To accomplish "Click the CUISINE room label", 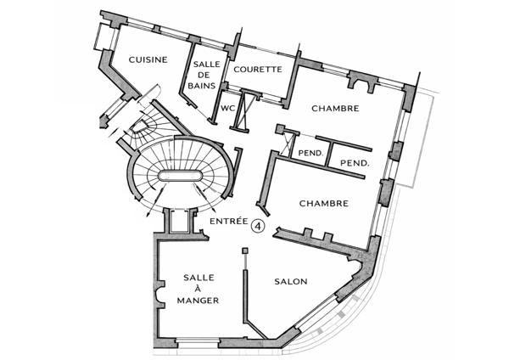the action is pyautogui.click(x=148, y=59).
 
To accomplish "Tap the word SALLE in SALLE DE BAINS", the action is pyautogui.click(x=207, y=64).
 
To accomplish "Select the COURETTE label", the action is pyautogui.click(x=258, y=70).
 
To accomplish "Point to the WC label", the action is pyautogui.click(x=227, y=109).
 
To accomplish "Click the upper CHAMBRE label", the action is pyautogui.click(x=335, y=109).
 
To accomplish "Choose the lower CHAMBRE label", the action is pyautogui.click(x=324, y=204).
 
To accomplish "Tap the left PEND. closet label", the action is pyautogui.click(x=311, y=153).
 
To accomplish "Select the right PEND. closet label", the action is pyautogui.click(x=355, y=163).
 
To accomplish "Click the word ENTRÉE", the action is pyautogui.click(x=229, y=222).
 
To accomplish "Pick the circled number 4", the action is pyautogui.click(x=259, y=226).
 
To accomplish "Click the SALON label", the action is pyautogui.click(x=291, y=281).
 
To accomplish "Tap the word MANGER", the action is pyautogui.click(x=198, y=301).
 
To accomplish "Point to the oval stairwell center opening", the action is pyautogui.click(x=180, y=176).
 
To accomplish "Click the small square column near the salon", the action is pyautogui.click(x=245, y=250).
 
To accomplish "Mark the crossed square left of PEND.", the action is pyautogui.click(x=288, y=143).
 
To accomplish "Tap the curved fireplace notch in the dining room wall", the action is pyautogui.click(x=160, y=294).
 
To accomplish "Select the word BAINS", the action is pyautogui.click(x=202, y=86).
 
